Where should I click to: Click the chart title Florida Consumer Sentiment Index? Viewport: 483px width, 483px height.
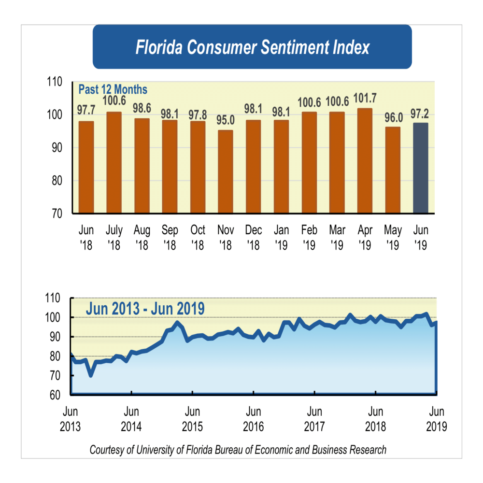252,47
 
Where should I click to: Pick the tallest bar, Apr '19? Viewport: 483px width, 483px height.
365,160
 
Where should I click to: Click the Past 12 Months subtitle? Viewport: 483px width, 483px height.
113,89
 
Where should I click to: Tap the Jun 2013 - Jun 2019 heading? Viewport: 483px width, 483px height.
145,309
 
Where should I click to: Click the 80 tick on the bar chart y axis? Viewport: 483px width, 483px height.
57,181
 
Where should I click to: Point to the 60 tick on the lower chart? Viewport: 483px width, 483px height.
57,395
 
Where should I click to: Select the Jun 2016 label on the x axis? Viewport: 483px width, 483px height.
254,419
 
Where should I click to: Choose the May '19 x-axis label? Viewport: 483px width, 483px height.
393,237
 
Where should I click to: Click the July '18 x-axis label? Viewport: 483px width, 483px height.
114,237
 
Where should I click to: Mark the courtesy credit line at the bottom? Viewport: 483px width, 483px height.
238,450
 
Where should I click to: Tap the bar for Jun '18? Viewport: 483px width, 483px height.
86,167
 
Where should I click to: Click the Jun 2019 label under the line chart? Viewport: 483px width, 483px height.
437,419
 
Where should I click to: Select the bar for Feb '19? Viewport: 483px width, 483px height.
309,162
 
